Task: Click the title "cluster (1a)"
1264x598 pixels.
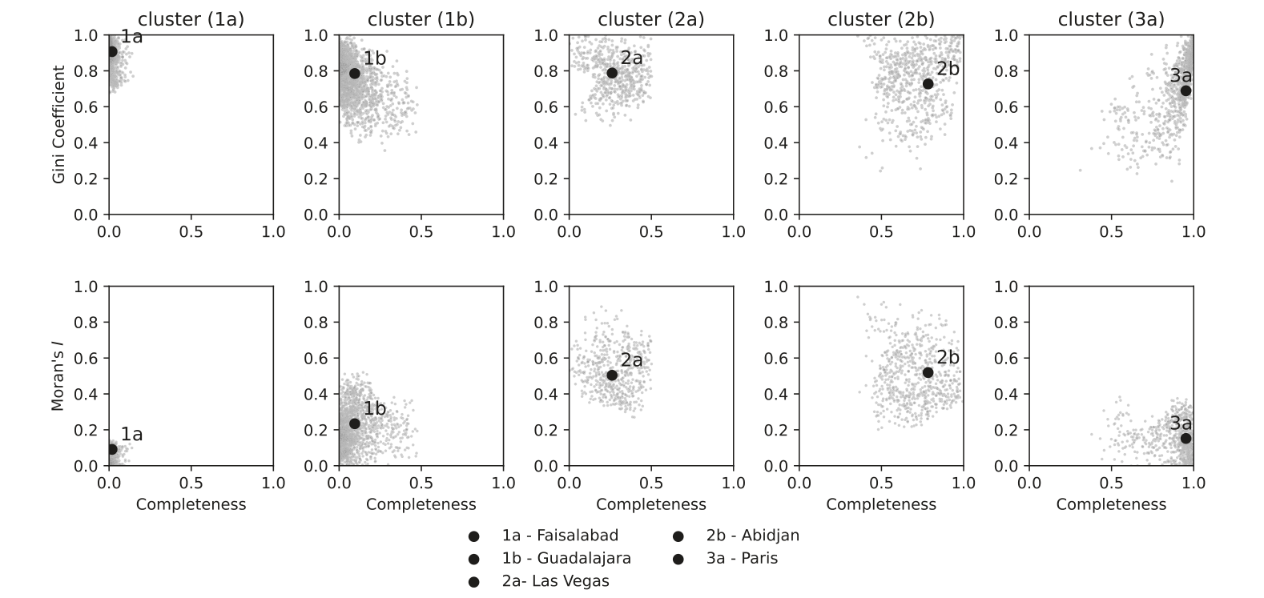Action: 191,20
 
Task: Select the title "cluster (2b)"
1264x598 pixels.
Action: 881,20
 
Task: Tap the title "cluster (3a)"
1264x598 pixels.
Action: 1111,20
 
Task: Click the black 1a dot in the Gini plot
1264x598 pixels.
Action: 112,51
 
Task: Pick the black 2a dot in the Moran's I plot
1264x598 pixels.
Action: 612,375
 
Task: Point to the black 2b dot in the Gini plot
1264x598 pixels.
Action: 928,84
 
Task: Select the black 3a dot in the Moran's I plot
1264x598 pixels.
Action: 1186,439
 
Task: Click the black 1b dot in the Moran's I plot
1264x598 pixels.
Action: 354,423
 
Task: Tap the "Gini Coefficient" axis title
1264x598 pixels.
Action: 58,125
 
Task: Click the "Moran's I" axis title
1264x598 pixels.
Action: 58,376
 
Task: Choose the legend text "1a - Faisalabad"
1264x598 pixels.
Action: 560,536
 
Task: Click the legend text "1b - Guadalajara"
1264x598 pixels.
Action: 566,559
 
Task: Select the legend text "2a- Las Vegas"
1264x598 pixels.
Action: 555,581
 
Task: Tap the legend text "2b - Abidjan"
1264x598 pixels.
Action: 753,536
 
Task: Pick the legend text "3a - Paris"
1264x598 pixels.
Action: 742,559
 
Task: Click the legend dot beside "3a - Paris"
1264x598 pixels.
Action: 678,559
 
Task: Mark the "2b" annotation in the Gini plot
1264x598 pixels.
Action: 948,69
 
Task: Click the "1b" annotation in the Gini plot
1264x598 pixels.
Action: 375,58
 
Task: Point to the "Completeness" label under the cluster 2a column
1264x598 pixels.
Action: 650,504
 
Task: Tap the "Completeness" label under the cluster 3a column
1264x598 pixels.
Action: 1111,504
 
